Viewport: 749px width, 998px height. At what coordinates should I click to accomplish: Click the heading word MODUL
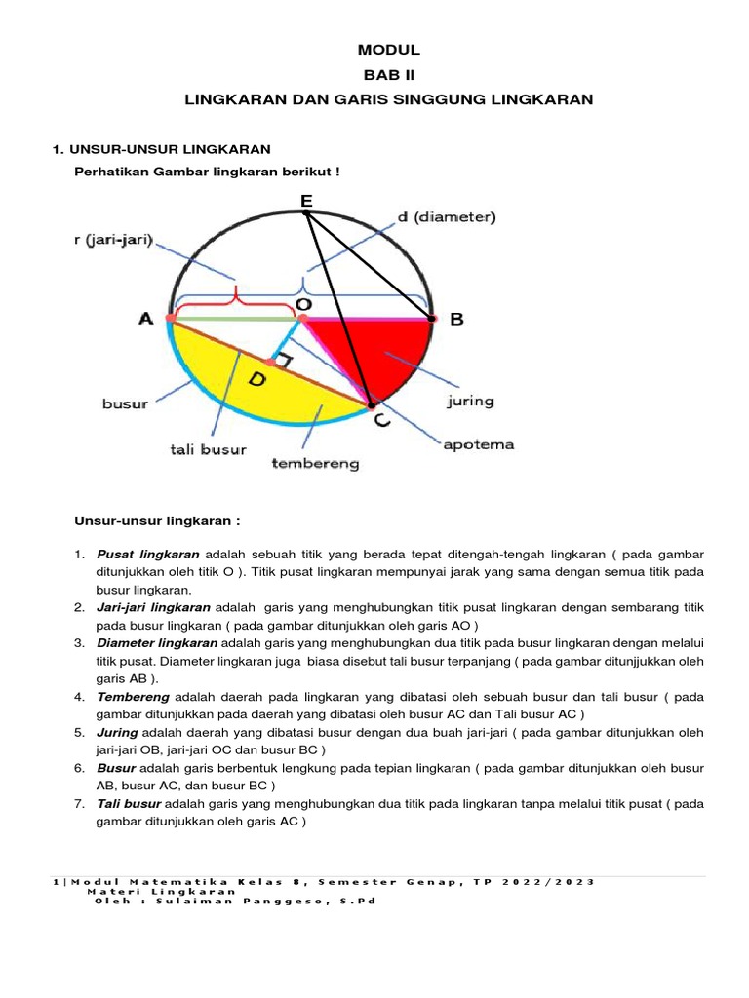(x=388, y=50)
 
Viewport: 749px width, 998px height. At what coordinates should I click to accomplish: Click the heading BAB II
(x=388, y=75)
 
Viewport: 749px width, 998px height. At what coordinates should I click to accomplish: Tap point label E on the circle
(x=306, y=201)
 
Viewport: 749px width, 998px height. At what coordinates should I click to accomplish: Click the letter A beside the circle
(x=147, y=319)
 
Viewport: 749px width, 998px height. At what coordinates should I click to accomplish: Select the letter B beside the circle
(x=455, y=319)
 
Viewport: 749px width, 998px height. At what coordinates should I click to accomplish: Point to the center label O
(x=303, y=305)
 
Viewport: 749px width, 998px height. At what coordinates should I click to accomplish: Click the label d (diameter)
(x=447, y=218)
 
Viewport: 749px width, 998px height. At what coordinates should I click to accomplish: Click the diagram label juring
(x=469, y=401)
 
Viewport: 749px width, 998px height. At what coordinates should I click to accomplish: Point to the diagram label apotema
(x=478, y=444)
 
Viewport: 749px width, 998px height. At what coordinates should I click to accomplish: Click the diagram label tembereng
(x=314, y=464)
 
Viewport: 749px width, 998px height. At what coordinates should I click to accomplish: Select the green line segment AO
(x=234, y=318)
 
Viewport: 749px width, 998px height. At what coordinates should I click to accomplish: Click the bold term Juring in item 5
(x=118, y=731)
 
